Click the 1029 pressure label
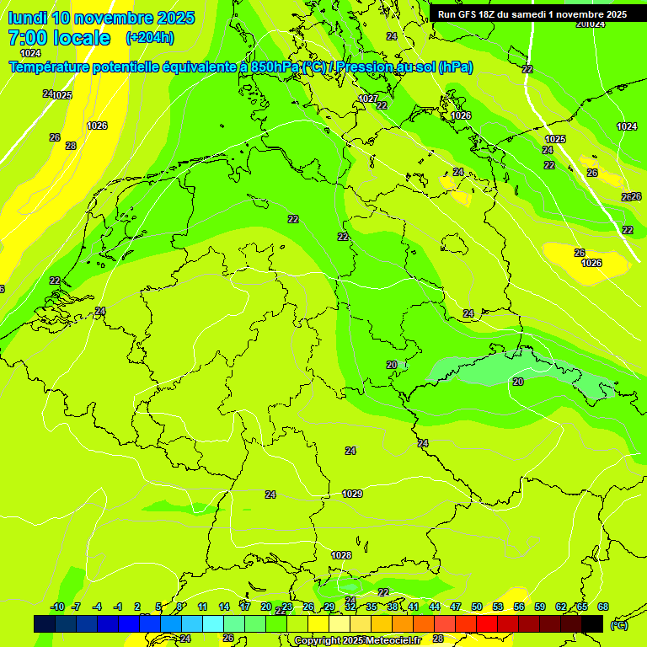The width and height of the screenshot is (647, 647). (x=352, y=494)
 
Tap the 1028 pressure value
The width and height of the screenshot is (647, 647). (x=341, y=555)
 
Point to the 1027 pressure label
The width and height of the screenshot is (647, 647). (x=368, y=99)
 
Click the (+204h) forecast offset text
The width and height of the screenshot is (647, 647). (x=150, y=38)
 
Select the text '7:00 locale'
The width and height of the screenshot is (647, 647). (x=59, y=38)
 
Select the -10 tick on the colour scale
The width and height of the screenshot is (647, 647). (x=57, y=607)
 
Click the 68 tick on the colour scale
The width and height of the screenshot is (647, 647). (x=603, y=607)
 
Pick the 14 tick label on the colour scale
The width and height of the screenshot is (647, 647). (x=224, y=607)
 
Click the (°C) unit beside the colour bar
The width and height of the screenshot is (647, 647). (x=618, y=625)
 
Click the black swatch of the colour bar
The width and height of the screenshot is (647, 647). (x=592, y=623)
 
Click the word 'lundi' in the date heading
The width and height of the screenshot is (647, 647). (x=27, y=18)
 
